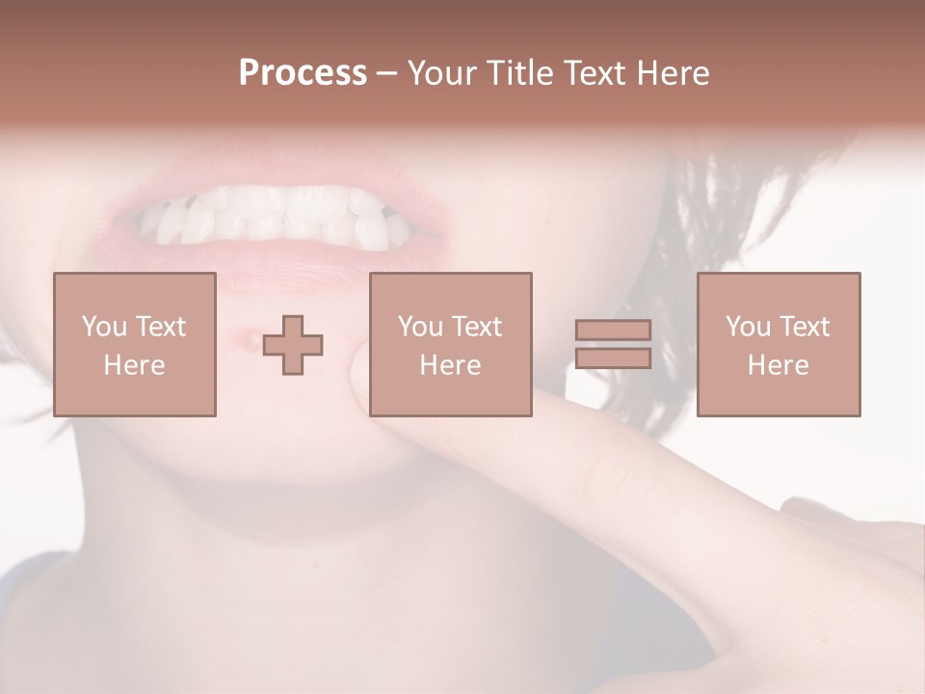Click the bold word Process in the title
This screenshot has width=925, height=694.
[x=303, y=73]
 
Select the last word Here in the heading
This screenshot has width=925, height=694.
[x=671, y=73]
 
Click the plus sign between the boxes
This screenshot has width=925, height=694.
[x=293, y=345]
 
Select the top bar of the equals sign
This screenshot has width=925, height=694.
[x=613, y=330]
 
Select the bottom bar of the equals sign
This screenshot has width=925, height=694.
[x=613, y=359]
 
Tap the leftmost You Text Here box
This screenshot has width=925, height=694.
[x=134, y=344]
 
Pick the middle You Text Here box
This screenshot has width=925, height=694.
[x=450, y=344]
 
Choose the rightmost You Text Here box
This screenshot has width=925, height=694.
[x=778, y=344]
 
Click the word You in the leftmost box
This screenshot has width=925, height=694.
[x=104, y=326]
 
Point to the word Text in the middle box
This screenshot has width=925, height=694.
[x=477, y=326]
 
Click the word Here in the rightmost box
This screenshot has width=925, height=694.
[x=778, y=364]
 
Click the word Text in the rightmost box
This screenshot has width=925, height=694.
[x=805, y=326]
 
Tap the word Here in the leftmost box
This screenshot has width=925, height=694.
[x=134, y=364]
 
